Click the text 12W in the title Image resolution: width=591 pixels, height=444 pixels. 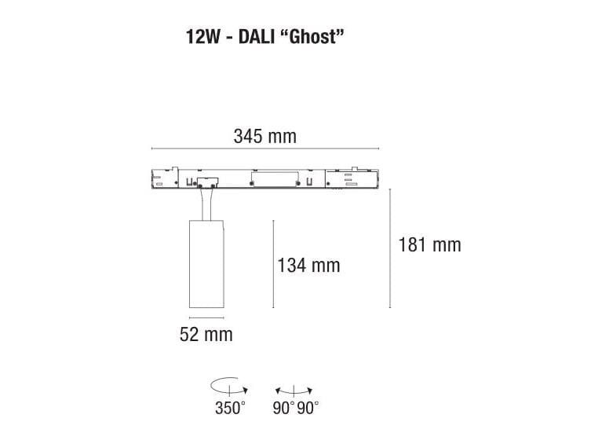(x=202, y=37)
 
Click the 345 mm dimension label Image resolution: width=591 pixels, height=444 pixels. (x=264, y=136)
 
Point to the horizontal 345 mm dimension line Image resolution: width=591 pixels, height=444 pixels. (x=264, y=148)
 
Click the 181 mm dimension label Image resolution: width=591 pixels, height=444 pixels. (x=429, y=244)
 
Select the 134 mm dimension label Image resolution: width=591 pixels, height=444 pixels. (x=308, y=265)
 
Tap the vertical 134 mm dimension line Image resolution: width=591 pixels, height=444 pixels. (x=272, y=265)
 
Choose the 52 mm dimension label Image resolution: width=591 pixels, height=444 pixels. (x=206, y=335)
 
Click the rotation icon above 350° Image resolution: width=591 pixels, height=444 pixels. (x=229, y=388)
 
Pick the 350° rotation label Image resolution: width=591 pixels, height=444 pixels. (x=230, y=408)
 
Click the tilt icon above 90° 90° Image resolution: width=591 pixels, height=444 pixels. (x=294, y=390)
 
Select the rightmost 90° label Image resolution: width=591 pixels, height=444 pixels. (x=308, y=408)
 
